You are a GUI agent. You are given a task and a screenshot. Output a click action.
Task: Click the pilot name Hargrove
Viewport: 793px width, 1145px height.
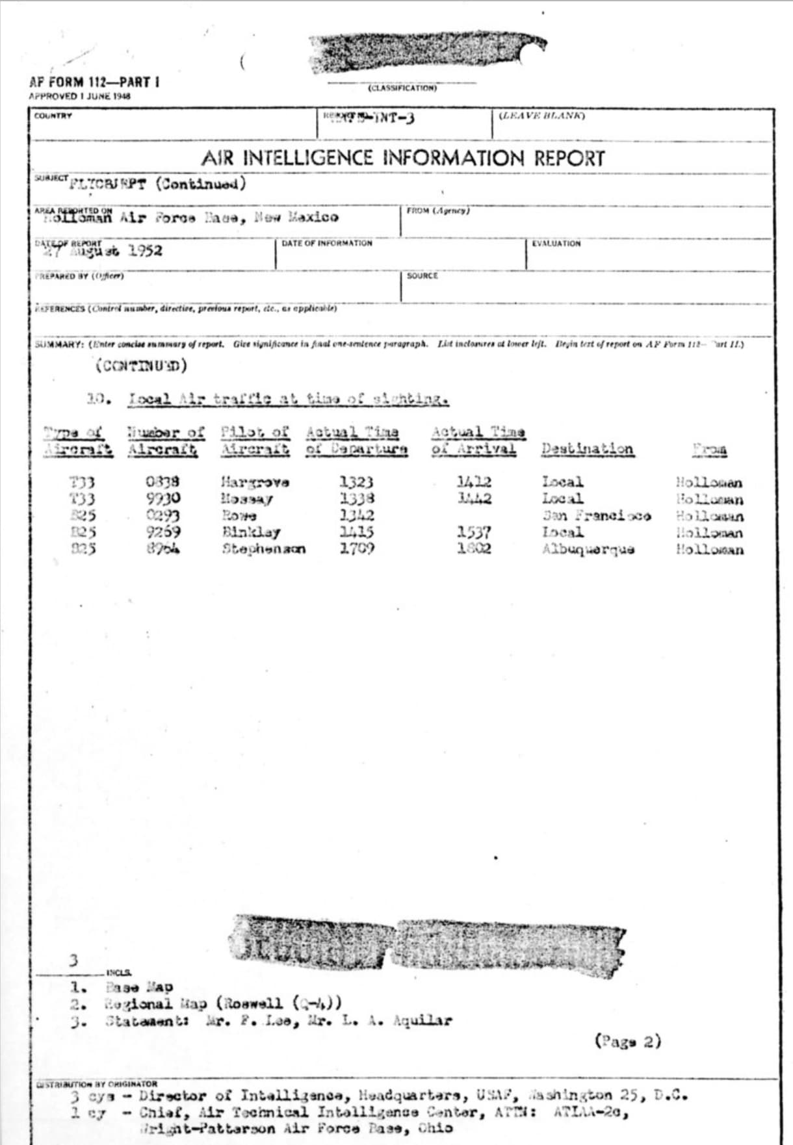point(255,483)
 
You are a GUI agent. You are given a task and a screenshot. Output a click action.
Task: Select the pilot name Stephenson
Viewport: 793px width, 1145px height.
point(263,549)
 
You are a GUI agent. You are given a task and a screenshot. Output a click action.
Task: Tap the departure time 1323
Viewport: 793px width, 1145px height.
point(356,482)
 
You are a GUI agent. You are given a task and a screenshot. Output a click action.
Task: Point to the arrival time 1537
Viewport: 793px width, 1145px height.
point(473,532)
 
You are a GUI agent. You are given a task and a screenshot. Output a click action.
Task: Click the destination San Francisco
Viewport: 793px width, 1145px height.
point(597,516)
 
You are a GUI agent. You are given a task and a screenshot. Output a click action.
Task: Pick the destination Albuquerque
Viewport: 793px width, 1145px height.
point(588,550)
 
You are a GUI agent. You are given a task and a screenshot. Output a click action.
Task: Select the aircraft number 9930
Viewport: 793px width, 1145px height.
point(162,499)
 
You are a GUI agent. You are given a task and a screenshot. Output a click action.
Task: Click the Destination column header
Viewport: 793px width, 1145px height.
point(587,449)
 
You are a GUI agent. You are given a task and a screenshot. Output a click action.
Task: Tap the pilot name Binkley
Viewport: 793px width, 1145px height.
point(251,533)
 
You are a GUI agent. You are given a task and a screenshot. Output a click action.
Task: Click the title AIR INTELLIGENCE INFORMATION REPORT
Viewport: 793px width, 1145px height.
point(403,158)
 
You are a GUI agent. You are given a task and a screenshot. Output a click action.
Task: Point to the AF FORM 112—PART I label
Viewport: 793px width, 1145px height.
point(94,83)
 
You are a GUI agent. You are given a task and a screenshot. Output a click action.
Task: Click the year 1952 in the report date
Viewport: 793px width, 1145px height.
point(145,251)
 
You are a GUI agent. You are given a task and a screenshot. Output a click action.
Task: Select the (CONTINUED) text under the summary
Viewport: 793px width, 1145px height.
point(141,366)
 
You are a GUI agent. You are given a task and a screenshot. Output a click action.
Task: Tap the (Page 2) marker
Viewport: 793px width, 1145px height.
point(627,1042)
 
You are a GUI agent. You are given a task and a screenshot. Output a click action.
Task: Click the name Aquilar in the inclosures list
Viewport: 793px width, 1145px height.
point(422,1021)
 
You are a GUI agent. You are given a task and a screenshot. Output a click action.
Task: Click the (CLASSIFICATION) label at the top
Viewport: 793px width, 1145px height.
point(402,88)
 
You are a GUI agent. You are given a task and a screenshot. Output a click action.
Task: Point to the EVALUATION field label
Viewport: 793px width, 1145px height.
point(556,244)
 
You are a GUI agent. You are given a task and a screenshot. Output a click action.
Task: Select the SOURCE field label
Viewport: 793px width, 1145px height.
point(422,276)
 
